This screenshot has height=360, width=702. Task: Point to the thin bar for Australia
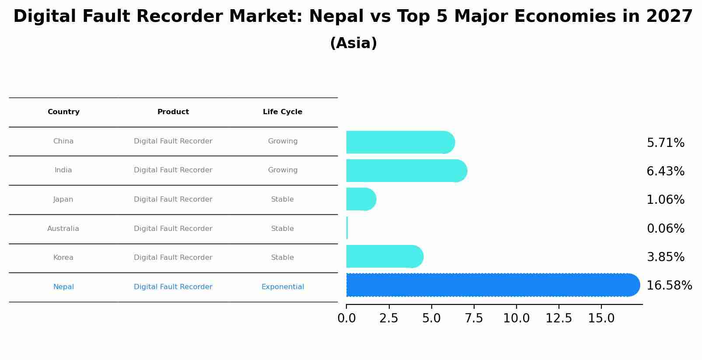347,228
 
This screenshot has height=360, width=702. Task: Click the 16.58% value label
669,286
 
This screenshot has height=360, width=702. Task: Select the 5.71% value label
665,143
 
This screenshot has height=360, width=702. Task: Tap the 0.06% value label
665,229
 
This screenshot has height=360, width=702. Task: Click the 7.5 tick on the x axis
474,318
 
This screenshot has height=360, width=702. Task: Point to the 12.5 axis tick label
559,318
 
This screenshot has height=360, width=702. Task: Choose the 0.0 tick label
346,318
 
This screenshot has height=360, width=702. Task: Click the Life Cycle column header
283,112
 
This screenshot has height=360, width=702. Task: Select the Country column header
63,112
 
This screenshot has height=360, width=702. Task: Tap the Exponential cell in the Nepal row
283,287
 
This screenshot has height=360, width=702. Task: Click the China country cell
63,141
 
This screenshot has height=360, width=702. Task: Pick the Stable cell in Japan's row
283,199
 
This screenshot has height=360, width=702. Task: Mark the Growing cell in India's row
283,170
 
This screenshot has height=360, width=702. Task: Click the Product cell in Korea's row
173,258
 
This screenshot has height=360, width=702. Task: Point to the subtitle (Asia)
353,43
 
